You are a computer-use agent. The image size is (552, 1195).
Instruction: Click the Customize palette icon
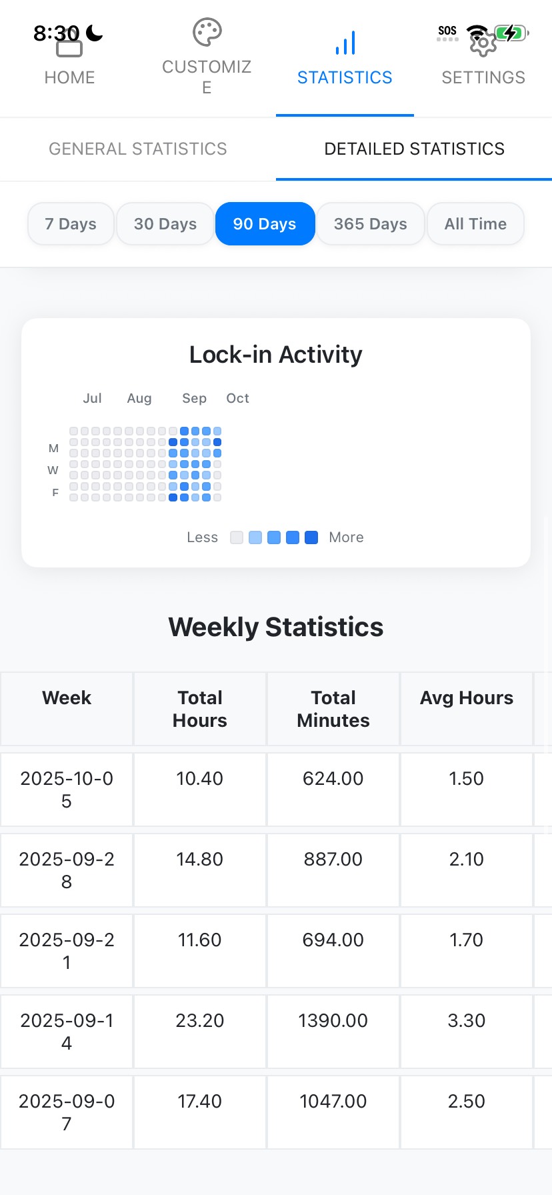point(207,32)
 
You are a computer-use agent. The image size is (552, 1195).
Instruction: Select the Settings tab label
point(483,77)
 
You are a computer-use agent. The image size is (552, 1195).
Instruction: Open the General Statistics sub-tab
point(138,149)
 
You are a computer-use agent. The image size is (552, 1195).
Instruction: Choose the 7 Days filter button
point(71,224)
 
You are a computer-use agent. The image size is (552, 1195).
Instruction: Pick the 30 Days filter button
point(165,224)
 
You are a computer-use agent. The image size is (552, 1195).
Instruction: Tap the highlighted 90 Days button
point(265,224)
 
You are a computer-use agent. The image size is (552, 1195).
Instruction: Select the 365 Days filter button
point(370,224)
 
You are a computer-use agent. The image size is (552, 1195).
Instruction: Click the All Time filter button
point(475,224)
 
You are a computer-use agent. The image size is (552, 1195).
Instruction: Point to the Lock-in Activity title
point(276,355)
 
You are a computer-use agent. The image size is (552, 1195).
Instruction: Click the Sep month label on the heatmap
point(194,398)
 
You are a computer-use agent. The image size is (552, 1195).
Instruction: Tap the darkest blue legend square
point(311,537)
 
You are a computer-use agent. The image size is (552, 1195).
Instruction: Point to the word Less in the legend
point(202,537)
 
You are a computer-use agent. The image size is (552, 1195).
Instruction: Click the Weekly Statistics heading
point(276,627)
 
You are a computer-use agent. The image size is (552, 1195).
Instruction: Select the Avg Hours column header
point(467,698)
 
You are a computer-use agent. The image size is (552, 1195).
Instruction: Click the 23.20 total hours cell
point(200,1021)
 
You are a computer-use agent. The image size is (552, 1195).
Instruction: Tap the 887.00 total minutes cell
point(333,860)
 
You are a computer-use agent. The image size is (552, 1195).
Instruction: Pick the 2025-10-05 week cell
point(67,790)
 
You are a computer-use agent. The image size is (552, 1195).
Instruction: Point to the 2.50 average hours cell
point(467,1102)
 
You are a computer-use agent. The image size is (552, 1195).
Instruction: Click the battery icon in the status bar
point(511,32)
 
